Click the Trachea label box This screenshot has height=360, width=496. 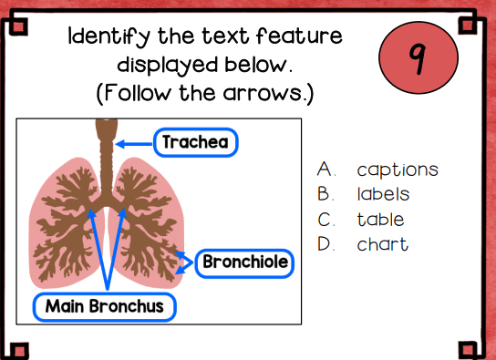click(195, 142)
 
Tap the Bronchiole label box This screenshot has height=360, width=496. click(244, 263)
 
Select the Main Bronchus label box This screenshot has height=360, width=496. click(104, 306)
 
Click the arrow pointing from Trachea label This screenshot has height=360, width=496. click(134, 144)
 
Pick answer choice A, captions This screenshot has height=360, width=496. click(377, 170)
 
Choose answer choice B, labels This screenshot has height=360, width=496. click(364, 194)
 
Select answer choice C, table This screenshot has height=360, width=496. click(361, 219)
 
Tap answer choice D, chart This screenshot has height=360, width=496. click(363, 244)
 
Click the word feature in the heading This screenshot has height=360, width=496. click(299, 36)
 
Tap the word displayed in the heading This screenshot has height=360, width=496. click(168, 66)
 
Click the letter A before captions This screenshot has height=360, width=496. click(325, 169)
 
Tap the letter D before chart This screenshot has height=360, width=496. click(325, 244)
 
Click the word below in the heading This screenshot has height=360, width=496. click(258, 65)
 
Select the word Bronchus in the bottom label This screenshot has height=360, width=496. click(126, 306)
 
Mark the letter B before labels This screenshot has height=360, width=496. click(325, 194)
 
